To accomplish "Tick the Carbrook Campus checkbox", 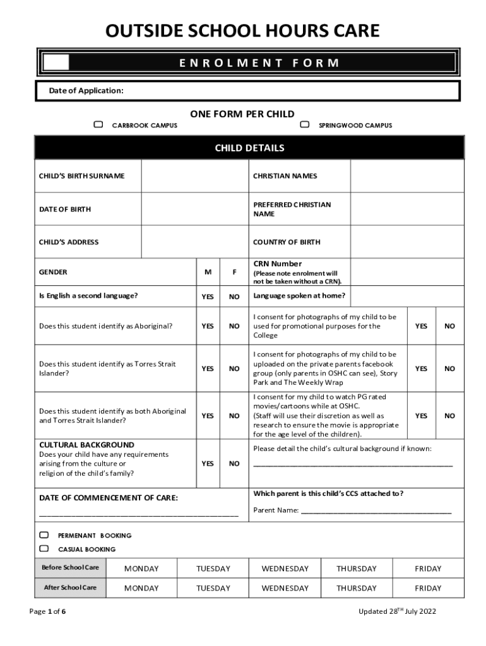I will [x=98, y=125].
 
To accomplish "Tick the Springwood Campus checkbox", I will [x=304, y=125].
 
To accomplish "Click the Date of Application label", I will [x=86, y=91].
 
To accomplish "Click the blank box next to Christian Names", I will [x=406, y=176].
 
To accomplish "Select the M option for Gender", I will [x=208, y=273].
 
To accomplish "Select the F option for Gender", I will [x=234, y=273].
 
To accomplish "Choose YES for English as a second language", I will [x=208, y=297].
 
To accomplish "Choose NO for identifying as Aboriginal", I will [x=234, y=326].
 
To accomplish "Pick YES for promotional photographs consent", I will [x=421, y=326].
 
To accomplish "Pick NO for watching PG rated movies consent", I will [x=449, y=416].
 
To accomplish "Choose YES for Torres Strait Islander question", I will [x=208, y=369].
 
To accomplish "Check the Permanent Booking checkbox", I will [x=44, y=535].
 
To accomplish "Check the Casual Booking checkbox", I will [x=44, y=549].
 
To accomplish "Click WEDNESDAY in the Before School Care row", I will [x=285, y=569].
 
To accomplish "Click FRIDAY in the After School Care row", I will [x=428, y=588].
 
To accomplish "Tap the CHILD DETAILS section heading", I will [x=249, y=148].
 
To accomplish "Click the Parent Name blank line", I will [x=376, y=510].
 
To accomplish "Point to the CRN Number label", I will [x=278, y=264].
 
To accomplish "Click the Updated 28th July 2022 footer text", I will [x=397, y=611].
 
